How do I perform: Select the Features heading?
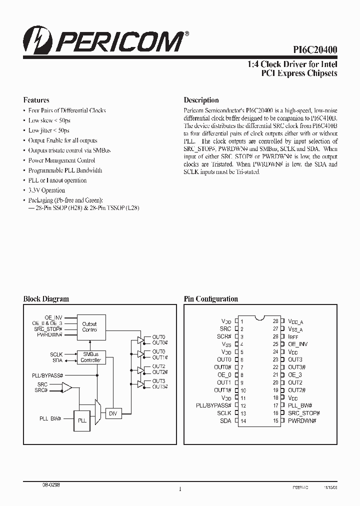[36, 100]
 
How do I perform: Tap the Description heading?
[201, 100]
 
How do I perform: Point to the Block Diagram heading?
[46, 299]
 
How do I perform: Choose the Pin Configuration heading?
[210, 299]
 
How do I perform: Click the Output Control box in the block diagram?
[89, 327]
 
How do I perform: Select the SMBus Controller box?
[90, 357]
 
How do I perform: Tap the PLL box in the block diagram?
[82, 420]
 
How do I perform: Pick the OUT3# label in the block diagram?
[159, 386]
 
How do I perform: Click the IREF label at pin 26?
[294, 336]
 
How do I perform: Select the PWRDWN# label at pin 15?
[302, 421]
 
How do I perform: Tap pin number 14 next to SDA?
[243, 421]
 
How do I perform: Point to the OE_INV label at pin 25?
[297, 344]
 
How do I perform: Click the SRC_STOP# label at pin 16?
[303, 413]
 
